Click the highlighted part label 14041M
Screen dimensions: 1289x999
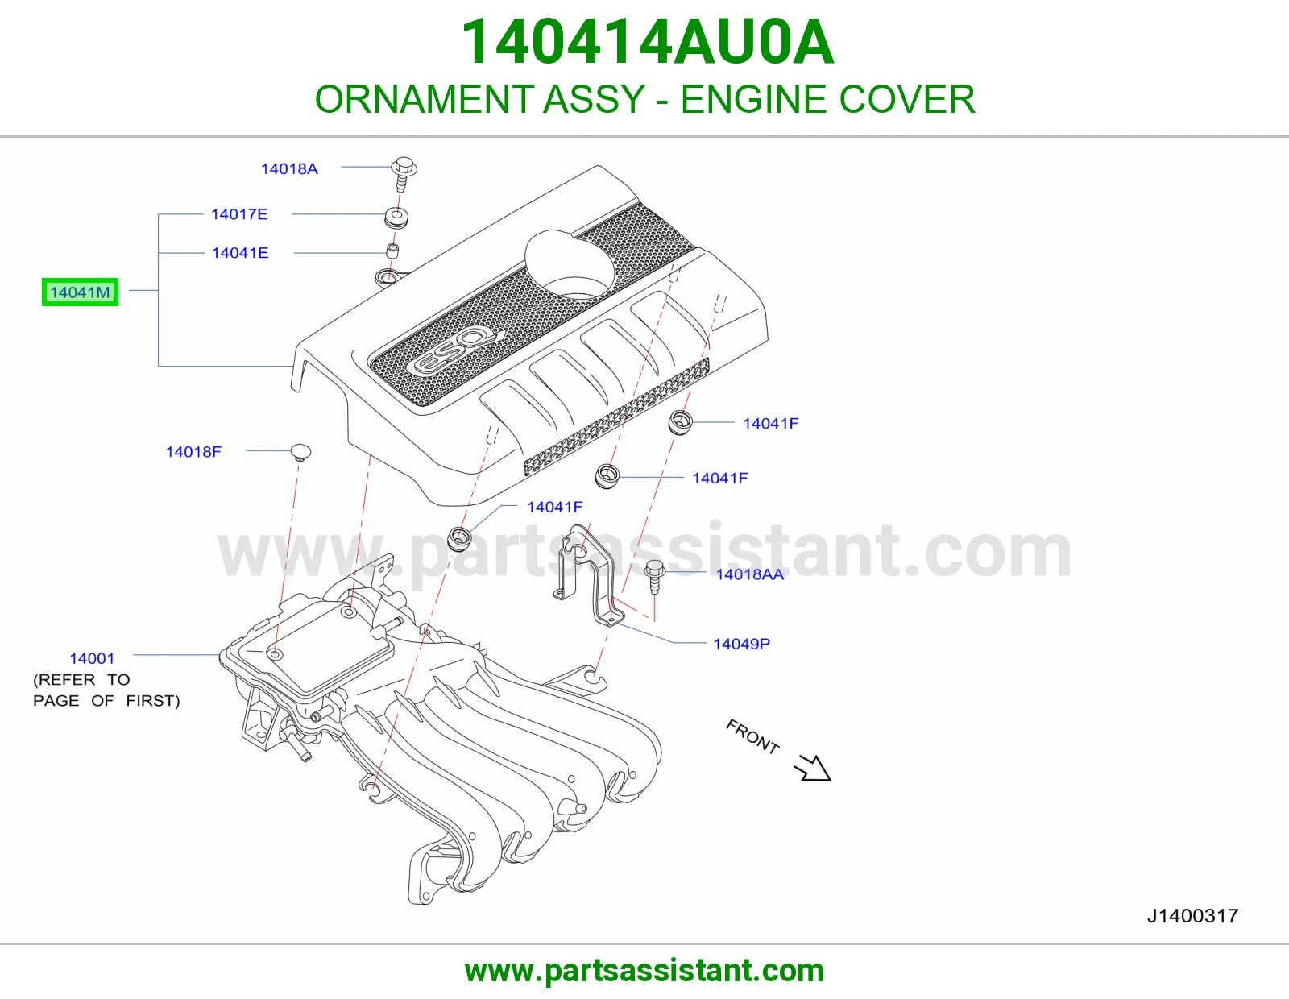point(80,292)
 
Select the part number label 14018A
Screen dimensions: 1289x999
point(289,169)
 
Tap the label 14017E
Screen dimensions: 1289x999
point(239,214)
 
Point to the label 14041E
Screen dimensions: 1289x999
point(240,253)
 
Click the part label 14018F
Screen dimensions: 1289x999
point(193,452)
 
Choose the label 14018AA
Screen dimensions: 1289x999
point(750,574)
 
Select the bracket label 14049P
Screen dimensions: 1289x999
point(741,644)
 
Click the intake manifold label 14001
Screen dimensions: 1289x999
point(92,658)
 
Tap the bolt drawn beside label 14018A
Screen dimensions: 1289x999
point(404,174)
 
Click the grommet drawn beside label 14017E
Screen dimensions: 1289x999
point(396,218)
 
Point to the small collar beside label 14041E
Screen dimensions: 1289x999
point(392,251)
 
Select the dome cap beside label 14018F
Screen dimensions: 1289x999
point(300,453)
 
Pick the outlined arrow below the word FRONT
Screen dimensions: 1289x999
point(813,769)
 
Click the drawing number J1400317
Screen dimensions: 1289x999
point(1192,916)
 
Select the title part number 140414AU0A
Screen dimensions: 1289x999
point(647,42)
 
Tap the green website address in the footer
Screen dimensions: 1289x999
point(644,971)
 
